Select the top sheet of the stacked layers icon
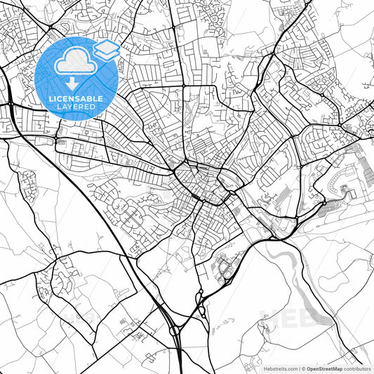click(x=106, y=47)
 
